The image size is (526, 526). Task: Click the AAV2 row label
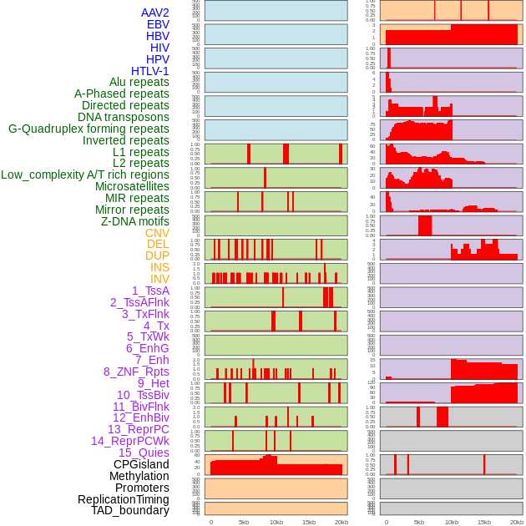point(154,13)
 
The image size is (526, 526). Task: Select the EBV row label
point(158,25)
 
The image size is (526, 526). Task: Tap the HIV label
point(159,48)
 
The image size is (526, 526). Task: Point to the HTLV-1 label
point(149,71)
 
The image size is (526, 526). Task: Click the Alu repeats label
point(139,83)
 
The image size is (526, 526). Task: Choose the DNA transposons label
point(124,117)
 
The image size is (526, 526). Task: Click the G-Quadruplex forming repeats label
point(89,129)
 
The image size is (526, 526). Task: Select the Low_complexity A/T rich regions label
point(85,174)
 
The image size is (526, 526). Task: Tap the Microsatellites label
point(132,186)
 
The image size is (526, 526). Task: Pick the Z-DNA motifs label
point(135,221)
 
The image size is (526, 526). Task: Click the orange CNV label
point(157,233)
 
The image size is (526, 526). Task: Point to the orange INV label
point(159,279)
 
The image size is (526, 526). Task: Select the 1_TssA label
point(150,291)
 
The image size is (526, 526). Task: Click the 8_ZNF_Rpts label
point(136,372)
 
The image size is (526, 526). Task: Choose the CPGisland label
point(141,464)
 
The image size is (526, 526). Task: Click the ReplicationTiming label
point(123,499)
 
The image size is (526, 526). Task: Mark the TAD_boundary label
point(130,510)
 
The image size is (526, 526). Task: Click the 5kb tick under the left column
point(244,522)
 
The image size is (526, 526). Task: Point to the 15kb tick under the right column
point(484,522)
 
